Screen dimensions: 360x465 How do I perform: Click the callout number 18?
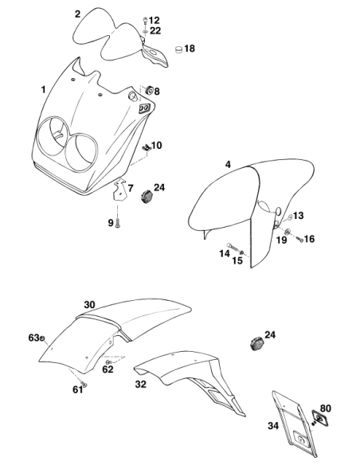(x=190, y=49)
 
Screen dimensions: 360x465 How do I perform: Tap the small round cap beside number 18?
(x=178, y=49)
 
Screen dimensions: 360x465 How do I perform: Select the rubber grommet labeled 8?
(x=149, y=89)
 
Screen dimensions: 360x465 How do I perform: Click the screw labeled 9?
(x=119, y=223)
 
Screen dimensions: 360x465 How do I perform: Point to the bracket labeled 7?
(x=119, y=190)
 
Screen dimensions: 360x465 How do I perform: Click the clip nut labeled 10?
(x=146, y=147)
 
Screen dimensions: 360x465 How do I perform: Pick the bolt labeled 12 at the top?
(x=145, y=21)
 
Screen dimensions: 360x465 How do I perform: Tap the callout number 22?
(x=155, y=30)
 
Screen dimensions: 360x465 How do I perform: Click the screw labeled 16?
(x=299, y=240)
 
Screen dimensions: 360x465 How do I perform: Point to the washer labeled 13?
(x=290, y=218)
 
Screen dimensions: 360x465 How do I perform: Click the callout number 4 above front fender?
(x=228, y=164)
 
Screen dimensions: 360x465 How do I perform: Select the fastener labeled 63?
(x=42, y=338)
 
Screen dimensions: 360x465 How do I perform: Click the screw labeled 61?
(x=84, y=385)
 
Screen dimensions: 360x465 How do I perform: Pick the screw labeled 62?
(x=108, y=362)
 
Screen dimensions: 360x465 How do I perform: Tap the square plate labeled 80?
(x=318, y=418)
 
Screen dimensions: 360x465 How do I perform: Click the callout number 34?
(x=273, y=426)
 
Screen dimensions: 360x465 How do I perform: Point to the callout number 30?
(x=89, y=305)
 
